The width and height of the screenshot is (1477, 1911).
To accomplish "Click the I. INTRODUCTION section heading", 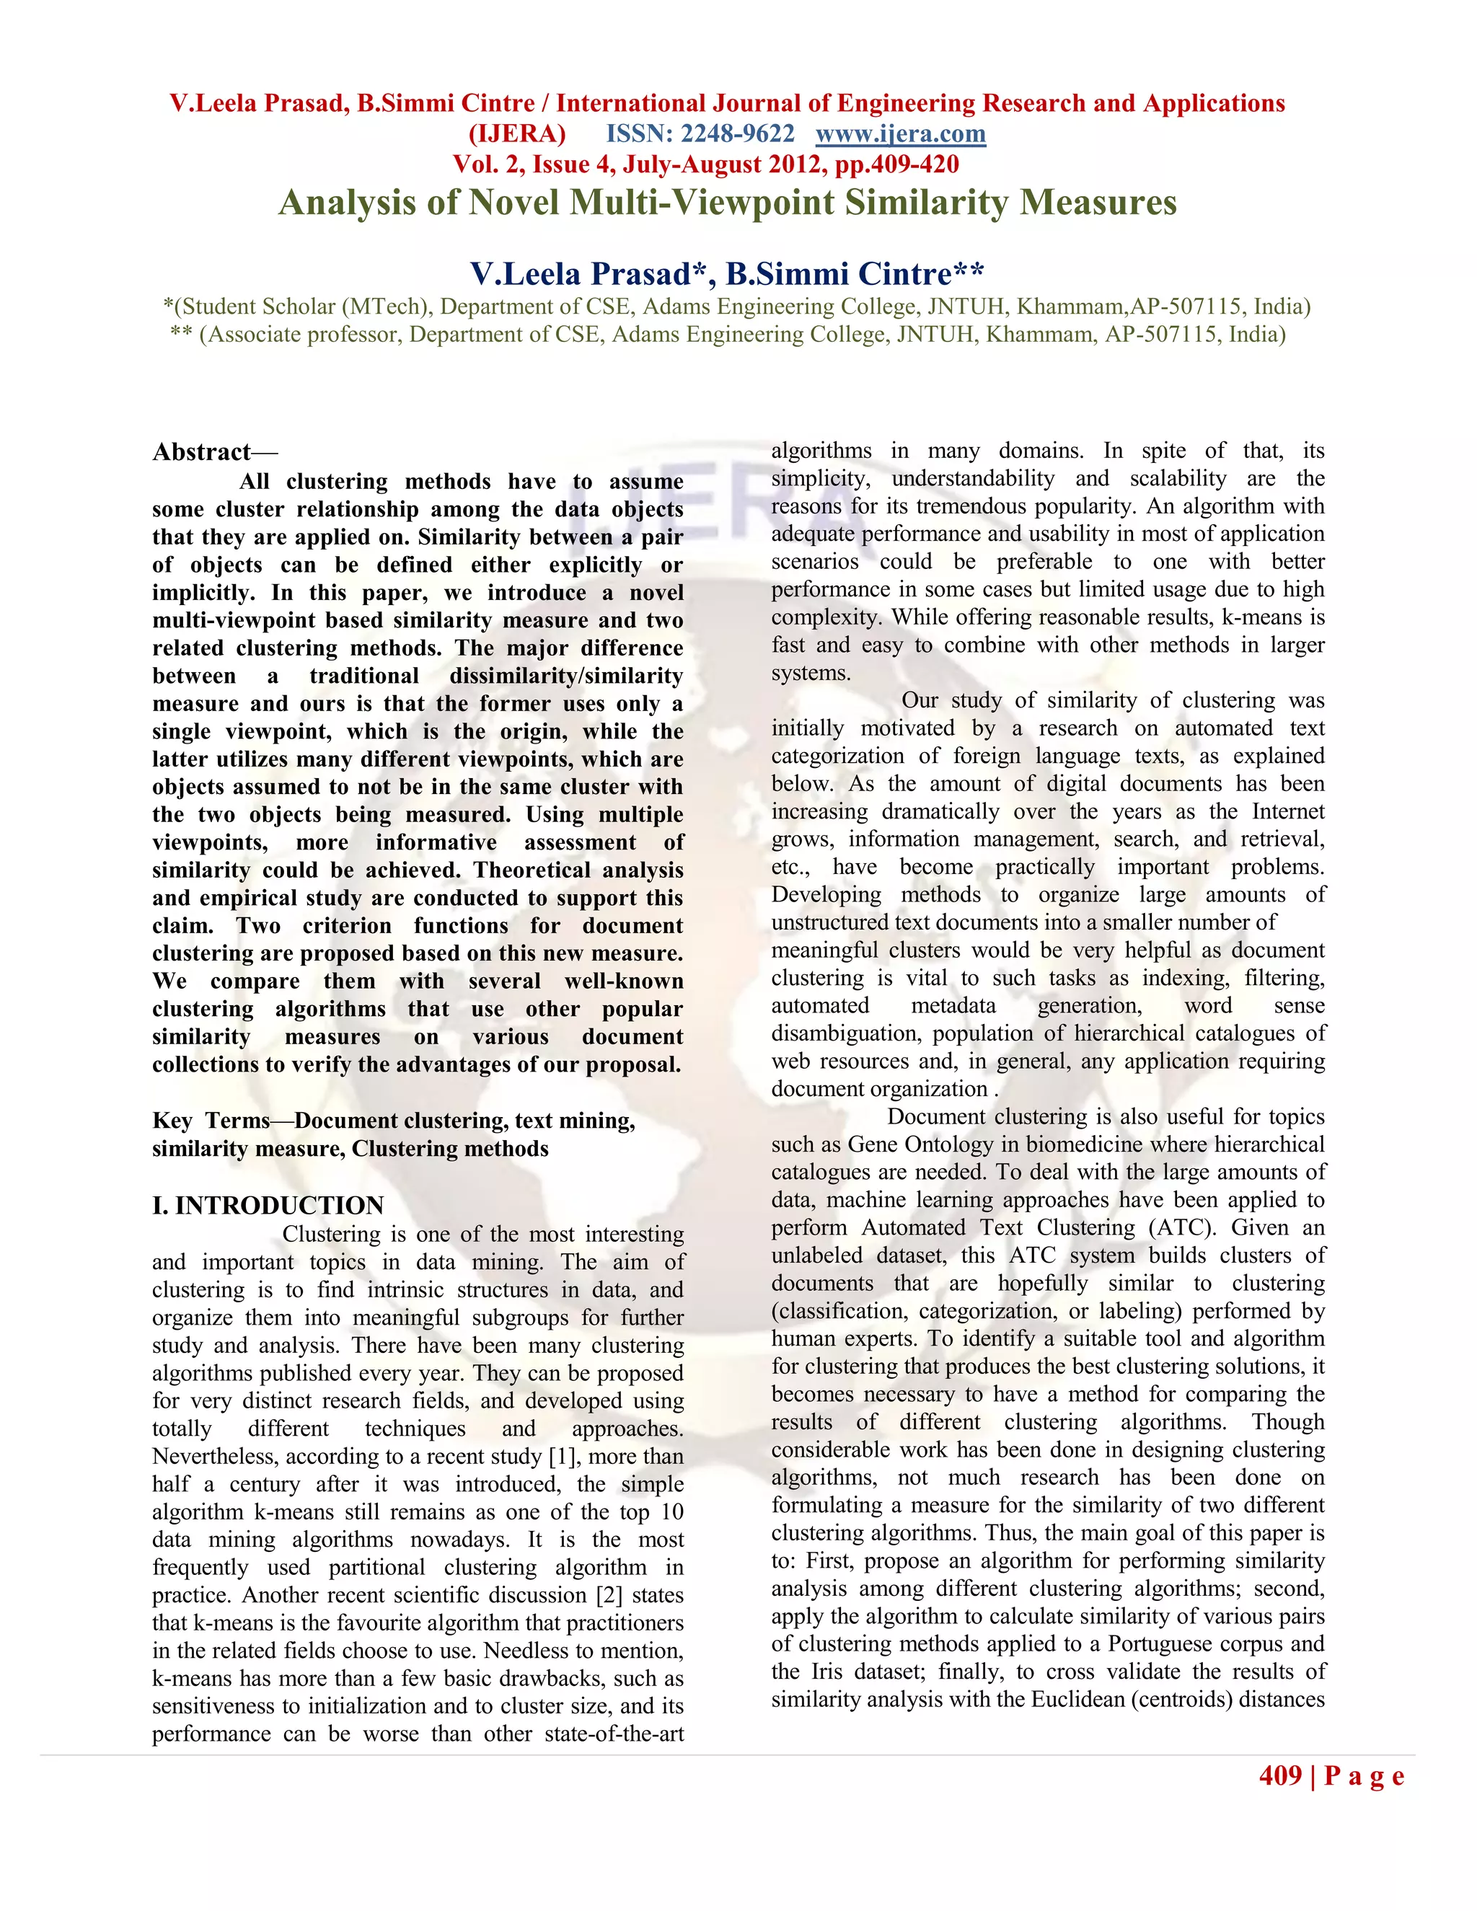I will tap(268, 1206).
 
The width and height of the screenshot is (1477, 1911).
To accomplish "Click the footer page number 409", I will tap(1280, 1775).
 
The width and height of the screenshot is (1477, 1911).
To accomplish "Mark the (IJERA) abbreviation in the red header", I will tap(517, 134).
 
